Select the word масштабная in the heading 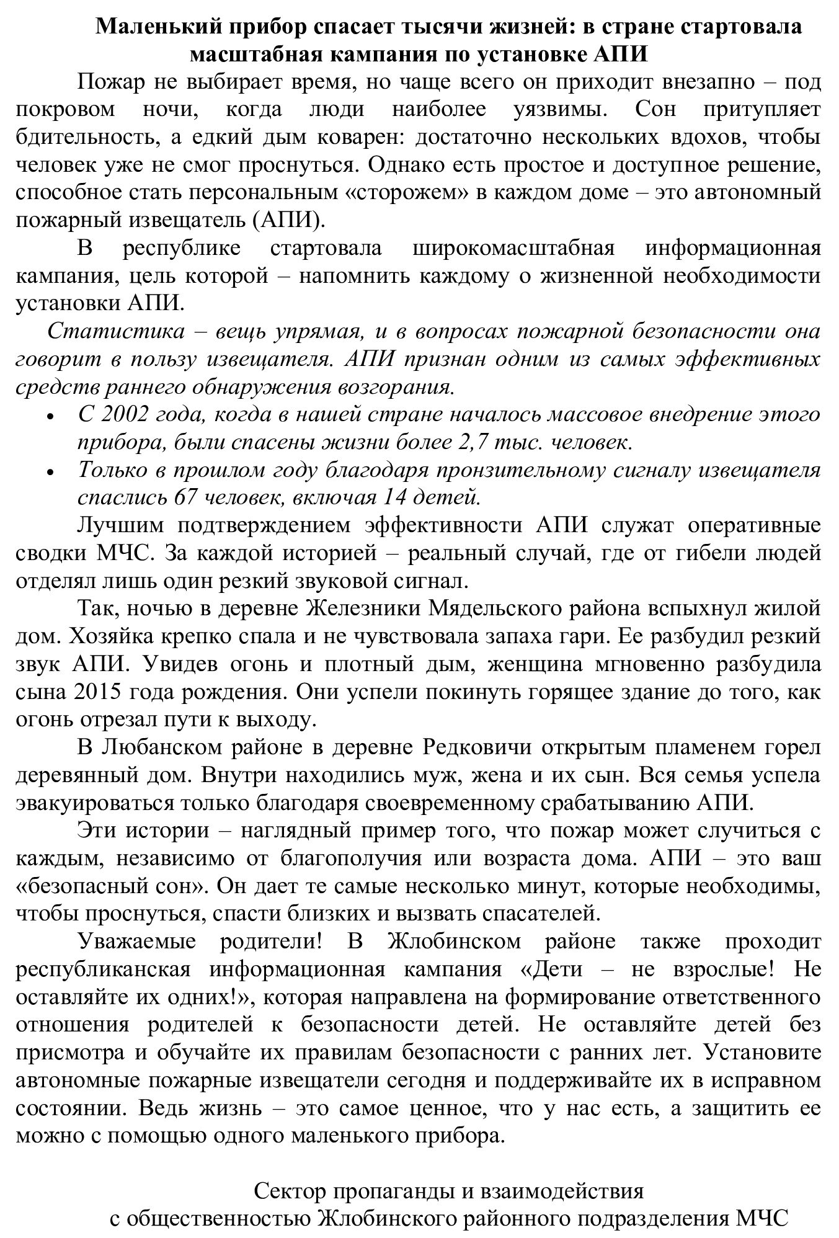tap(251, 54)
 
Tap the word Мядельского tap(500, 608)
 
